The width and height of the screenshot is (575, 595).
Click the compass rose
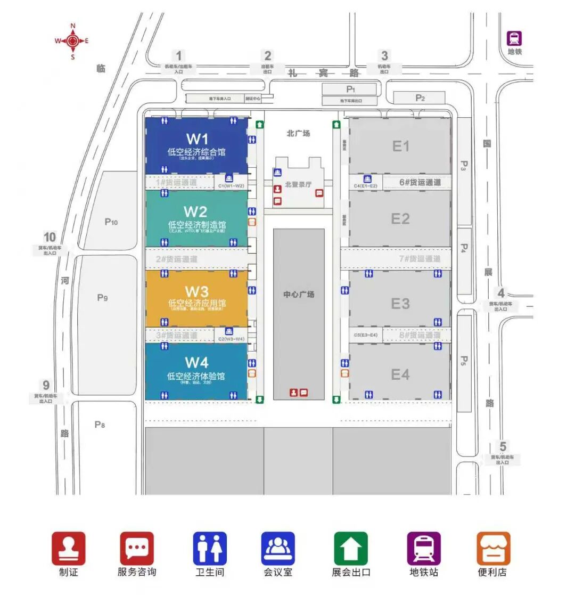point(72,40)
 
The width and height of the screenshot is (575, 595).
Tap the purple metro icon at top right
point(514,38)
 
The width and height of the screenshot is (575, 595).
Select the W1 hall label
point(196,139)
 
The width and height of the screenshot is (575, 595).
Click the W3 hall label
point(196,291)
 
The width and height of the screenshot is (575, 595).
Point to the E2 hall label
point(400,218)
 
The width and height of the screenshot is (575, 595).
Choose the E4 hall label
point(400,374)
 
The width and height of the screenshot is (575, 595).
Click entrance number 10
point(50,238)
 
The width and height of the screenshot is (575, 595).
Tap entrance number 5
point(503,447)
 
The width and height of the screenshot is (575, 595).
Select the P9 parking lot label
point(102,298)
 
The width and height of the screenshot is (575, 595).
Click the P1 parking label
point(350,89)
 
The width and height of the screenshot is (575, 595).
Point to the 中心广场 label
point(299,294)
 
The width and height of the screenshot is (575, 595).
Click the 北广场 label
point(298,133)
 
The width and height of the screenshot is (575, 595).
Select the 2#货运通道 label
point(176,259)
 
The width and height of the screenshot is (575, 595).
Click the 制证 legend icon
point(68,548)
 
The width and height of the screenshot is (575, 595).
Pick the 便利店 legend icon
point(493,548)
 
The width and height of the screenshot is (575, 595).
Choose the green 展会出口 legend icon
point(351,548)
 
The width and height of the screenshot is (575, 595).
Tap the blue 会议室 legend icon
point(278,548)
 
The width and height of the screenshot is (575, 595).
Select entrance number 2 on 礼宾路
point(268,55)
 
